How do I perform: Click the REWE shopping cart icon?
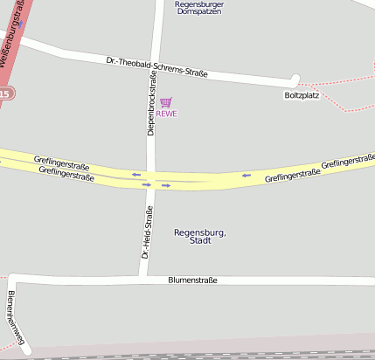click(166, 102)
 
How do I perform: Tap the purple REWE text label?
click(166, 114)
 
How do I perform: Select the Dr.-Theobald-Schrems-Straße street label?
click(156, 67)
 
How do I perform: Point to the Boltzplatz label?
click(302, 94)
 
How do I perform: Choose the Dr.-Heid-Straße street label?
click(147, 232)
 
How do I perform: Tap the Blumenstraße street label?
click(192, 280)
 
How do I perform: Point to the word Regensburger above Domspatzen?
click(199, 4)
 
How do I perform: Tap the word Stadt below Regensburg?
click(200, 240)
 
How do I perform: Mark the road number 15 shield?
click(4, 93)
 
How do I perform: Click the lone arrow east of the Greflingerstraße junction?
click(247, 175)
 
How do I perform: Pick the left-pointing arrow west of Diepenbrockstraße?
click(135, 174)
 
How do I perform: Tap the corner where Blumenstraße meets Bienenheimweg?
click(14, 280)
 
